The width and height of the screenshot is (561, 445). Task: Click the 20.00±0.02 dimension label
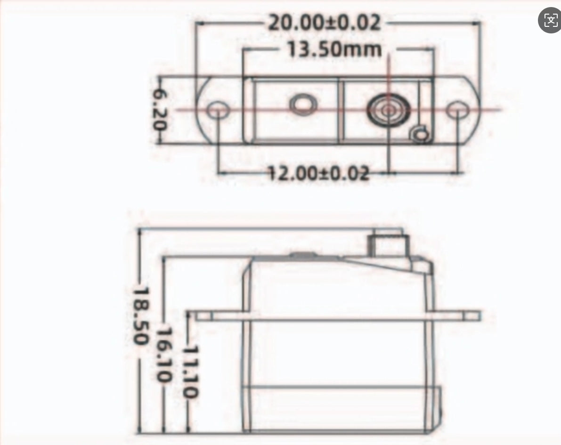324,23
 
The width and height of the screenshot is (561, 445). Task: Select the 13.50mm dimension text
334,49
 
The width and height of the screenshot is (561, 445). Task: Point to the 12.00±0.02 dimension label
319,173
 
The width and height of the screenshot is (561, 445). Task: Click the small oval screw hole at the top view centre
302,104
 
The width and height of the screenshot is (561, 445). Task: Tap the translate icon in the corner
550,20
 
